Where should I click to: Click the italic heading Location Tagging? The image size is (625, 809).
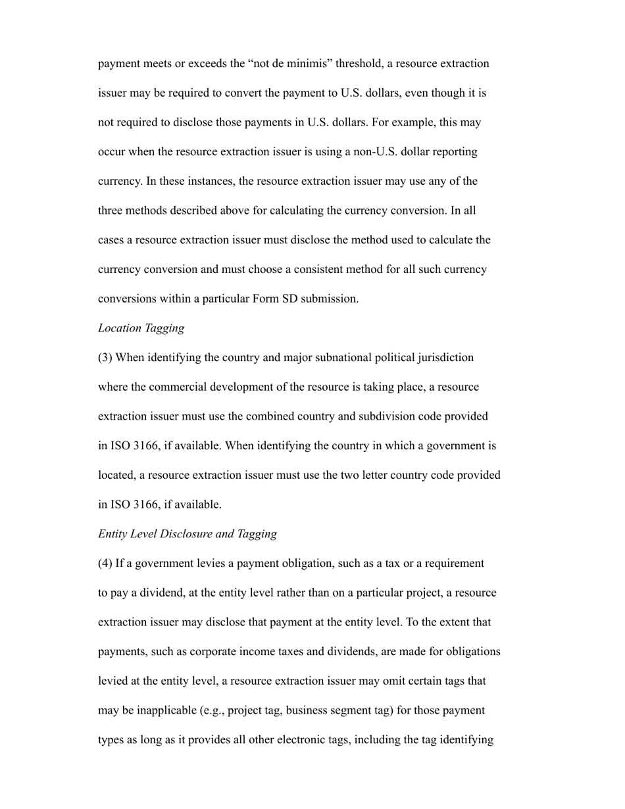point(141,328)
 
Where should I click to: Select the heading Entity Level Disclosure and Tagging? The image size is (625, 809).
point(187,534)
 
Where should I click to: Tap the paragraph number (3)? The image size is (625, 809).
point(105,358)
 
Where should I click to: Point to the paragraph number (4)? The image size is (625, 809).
point(105,564)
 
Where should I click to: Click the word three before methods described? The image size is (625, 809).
point(112,210)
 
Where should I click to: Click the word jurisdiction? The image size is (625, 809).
point(445,358)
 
